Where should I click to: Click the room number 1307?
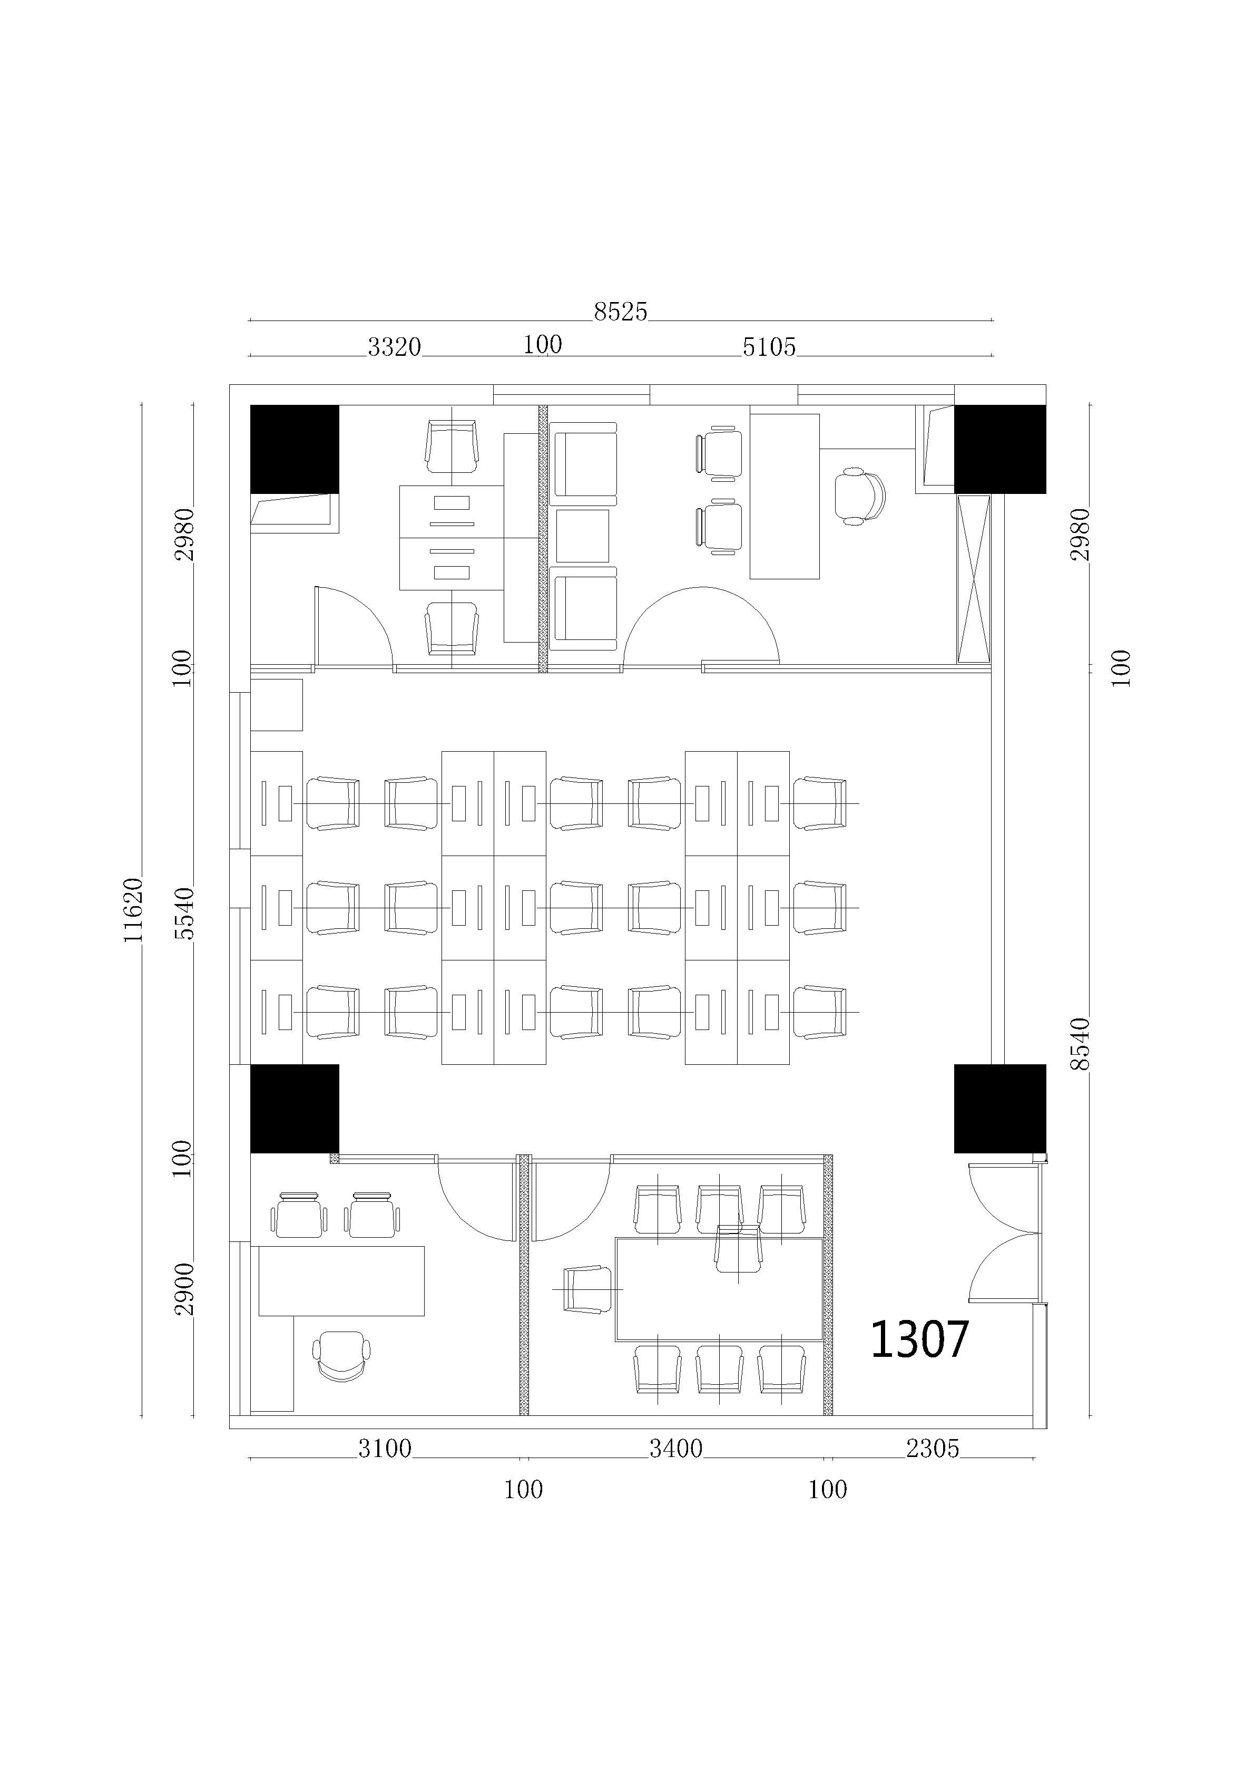point(919,1339)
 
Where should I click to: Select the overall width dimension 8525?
point(620,312)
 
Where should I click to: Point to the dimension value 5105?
point(769,347)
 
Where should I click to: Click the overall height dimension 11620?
point(133,909)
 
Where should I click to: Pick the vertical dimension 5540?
point(185,913)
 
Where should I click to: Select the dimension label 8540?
point(1080,1044)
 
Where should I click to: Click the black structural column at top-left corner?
point(294,449)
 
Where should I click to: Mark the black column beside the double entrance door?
point(1000,1109)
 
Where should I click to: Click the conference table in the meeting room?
point(719,1289)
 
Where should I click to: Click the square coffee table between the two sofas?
point(583,536)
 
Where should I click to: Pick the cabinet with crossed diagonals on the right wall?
point(974,579)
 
